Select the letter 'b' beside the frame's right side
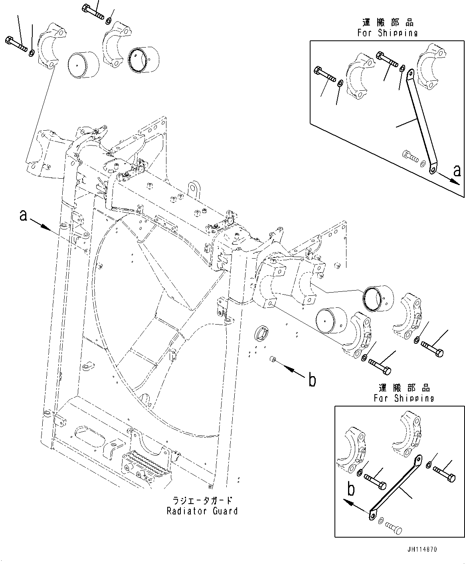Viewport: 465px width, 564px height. pos(312,380)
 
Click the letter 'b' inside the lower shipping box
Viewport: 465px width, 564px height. pos(351,489)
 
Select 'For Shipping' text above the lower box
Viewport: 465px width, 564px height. pos(404,398)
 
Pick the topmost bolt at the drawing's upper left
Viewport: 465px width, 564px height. pos(93,11)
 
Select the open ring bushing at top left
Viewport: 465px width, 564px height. pos(143,60)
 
